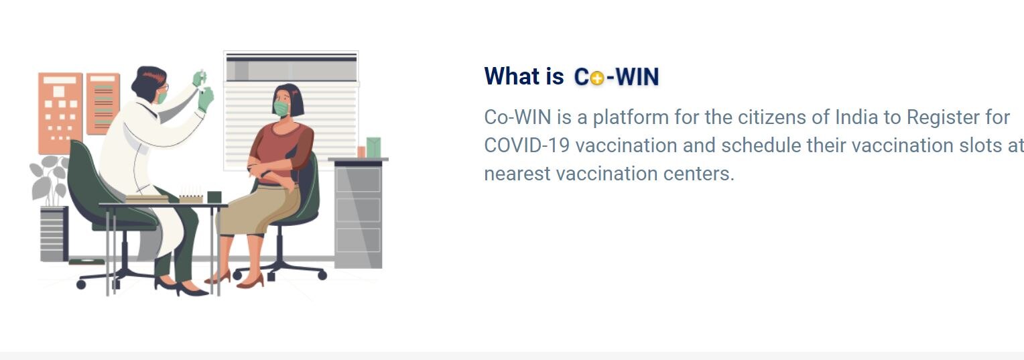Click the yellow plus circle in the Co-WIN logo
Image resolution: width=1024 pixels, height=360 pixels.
(596, 78)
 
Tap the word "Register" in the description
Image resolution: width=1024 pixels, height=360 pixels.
(945, 117)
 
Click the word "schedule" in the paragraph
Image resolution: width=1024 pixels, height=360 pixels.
(760, 145)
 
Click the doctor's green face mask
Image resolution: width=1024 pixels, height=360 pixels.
(162, 97)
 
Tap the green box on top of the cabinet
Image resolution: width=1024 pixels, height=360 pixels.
(373, 147)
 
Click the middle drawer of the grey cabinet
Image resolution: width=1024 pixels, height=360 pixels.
(358, 210)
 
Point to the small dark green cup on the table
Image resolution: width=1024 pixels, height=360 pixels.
(214, 196)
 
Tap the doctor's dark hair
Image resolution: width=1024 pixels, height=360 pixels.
(149, 78)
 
